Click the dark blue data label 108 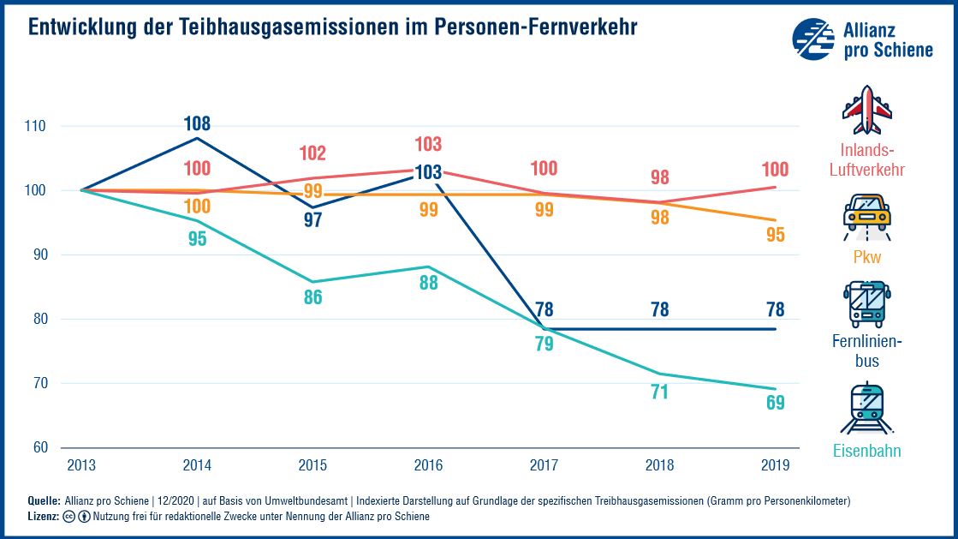click(197, 123)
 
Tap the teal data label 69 click(776, 403)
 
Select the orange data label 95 click(776, 234)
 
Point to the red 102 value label click(312, 153)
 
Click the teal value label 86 click(312, 299)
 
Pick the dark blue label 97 click(312, 219)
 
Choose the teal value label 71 click(659, 392)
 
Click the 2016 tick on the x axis click(428, 464)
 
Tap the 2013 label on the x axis click(81, 464)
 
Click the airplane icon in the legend click(867, 110)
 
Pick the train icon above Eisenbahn click(866, 409)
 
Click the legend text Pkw click(867, 257)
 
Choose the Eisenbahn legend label click(867, 451)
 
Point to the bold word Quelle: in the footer click(44, 500)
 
